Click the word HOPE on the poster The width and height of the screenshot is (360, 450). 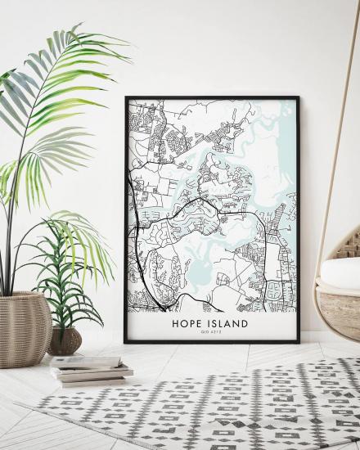(x=187, y=323)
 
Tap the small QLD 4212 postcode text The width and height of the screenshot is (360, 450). (x=209, y=334)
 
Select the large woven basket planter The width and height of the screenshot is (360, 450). (x=25, y=328)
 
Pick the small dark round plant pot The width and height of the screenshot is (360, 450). (x=65, y=340)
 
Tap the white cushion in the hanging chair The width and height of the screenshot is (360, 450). (x=340, y=273)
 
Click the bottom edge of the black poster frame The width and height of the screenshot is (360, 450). (x=211, y=341)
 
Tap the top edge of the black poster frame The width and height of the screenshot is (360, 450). (x=211, y=98)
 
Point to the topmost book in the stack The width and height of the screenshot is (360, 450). (x=86, y=362)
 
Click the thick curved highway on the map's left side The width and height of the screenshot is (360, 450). (x=134, y=245)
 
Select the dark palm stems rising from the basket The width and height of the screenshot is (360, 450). (x=11, y=245)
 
